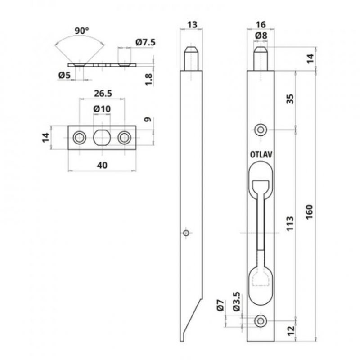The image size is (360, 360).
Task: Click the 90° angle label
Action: pos(81,31)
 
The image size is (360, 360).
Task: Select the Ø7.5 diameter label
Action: pos(144,43)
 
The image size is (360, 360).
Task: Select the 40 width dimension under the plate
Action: pos(102,165)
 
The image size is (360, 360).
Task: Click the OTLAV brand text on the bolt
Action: pos(263,153)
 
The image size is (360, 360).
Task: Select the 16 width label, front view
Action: pos(261,25)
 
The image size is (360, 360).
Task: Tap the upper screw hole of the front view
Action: pos(261,130)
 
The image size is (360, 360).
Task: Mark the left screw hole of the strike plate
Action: pos(80,138)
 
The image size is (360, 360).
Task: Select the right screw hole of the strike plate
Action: pos(124,138)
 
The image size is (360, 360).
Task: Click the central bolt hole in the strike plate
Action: pos(102,138)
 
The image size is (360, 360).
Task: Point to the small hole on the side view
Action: pos(186,233)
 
